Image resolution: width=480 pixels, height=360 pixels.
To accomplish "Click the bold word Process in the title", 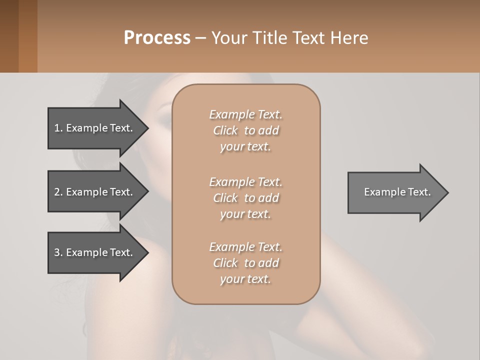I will [157, 38].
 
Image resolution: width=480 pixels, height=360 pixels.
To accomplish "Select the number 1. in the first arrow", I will [58, 128].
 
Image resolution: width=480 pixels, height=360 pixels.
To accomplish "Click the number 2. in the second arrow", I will [58, 192].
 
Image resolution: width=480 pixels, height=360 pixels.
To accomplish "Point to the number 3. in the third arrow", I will [58, 252].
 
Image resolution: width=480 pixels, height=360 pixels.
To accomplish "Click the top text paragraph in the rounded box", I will [245, 130].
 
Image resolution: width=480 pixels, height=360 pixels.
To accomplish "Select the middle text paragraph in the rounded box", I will [245, 198].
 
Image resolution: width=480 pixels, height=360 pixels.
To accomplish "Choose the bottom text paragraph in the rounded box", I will [245, 263].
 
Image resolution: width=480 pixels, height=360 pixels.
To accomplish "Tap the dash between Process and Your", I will [201, 38].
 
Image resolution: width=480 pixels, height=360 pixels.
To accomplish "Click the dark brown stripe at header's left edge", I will [9, 36].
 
